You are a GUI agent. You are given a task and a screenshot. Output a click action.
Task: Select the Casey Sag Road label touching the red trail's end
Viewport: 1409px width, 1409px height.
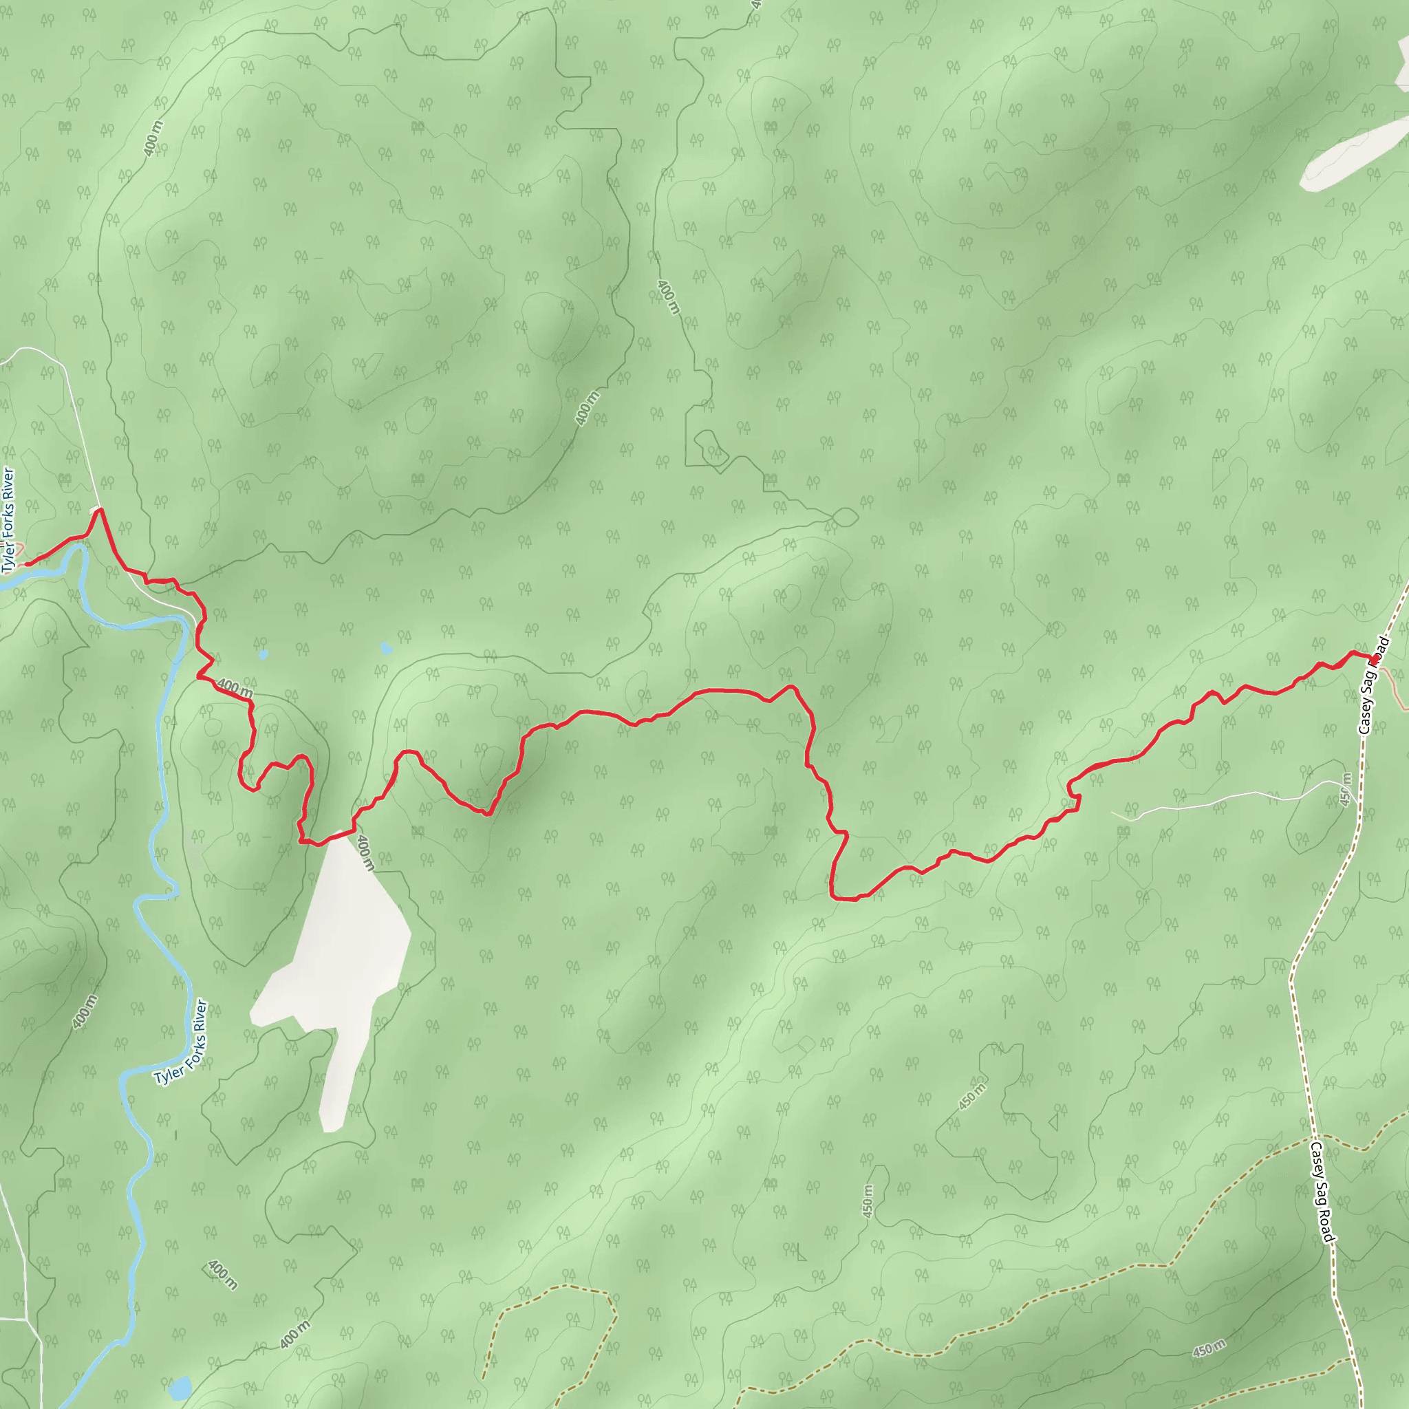tap(1373, 685)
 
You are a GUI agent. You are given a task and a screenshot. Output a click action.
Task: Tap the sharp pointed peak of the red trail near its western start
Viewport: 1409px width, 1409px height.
tap(99, 510)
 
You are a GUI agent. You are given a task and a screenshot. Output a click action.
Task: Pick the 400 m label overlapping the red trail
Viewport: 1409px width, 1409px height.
tap(235, 688)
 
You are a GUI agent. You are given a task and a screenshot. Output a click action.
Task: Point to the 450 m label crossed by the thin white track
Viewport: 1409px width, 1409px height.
tap(1346, 789)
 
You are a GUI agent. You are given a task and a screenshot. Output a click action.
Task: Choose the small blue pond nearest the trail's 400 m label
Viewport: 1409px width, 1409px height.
tap(263, 654)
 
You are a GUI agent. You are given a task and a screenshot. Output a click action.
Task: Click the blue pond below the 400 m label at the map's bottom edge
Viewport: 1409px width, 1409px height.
tap(180, 1387)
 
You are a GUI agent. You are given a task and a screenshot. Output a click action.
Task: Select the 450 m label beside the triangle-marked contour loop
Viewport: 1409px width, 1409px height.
tap(973, 1097)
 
